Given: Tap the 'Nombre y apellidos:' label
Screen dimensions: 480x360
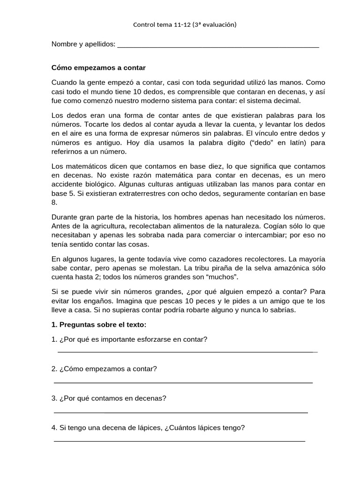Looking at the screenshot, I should [83, 44].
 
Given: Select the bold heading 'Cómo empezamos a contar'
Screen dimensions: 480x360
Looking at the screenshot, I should [98, 67].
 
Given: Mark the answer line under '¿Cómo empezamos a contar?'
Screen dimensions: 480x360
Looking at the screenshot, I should [183, 382].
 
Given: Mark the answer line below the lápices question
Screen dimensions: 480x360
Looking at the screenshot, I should [180, 441].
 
